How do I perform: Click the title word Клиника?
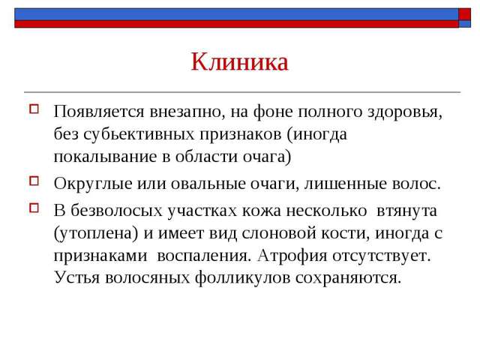click(240, 62)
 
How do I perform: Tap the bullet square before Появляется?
click(34, 109)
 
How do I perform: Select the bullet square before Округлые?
click(34, 181)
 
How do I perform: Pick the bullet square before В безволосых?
click(34, 208)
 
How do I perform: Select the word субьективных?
click(139, 134)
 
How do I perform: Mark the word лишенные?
click(346, 184)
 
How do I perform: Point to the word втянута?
click(406, 211)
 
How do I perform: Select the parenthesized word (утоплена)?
click(96, 233)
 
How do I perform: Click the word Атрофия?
click(292, 256)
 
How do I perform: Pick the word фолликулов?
click(242, 278)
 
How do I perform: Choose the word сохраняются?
click(348, 278)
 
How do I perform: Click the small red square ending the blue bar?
click(464, 14)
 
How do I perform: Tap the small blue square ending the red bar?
click(464, 24)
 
